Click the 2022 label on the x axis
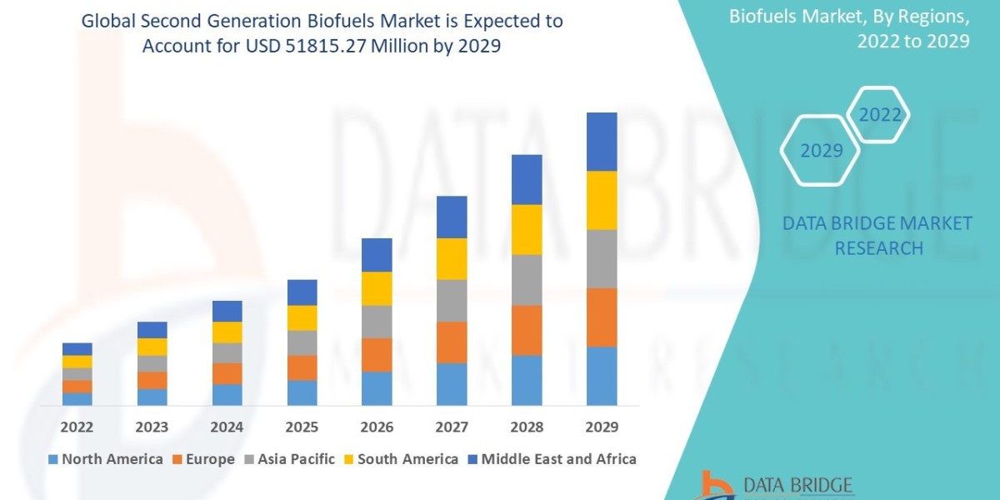click(x=77, y=427)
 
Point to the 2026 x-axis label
click(x=377, y=427)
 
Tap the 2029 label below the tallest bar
click(x=602, y=427)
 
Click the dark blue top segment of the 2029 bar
click(x=602, y=142)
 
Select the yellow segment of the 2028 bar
click(x=527, y=229)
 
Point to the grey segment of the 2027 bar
click(x=452, y=300)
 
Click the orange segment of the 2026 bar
click(x=377, y=354)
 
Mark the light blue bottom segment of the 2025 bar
click(x=302, y=392)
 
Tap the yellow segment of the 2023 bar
click(x=152, y=347)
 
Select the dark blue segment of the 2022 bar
click(x=77, y=348)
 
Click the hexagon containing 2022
click(x=879, y=115)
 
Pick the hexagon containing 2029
click(x=820, y=151)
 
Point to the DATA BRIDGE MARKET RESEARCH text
click(x=877, y=235)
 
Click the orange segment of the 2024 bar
click(x=227, y=373)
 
